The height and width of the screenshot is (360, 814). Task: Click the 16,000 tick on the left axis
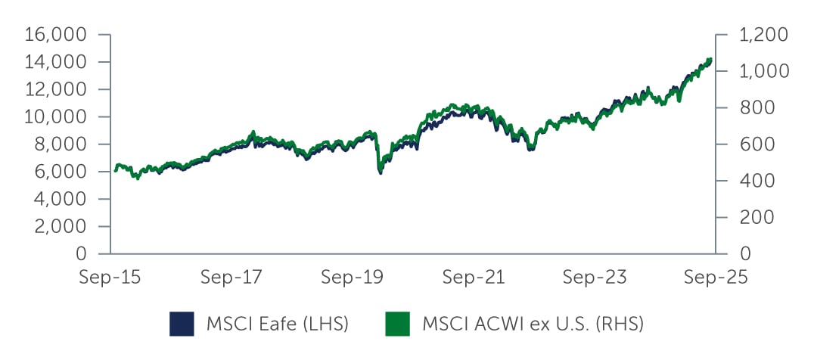tap(57, 35)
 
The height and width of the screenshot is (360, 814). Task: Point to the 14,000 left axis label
tap(57, 62)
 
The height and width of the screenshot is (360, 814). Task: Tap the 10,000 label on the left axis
tap(57, 116)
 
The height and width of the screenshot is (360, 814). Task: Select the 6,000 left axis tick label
tap(61, 172)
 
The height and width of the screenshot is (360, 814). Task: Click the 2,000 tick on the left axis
tap(61, 226)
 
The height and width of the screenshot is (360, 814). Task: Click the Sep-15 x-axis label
tap(110, 278)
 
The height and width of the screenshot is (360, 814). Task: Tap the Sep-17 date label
tap(231, 278)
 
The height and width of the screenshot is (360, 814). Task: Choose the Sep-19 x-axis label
tap(352, 278)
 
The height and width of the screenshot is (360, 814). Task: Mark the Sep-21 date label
tap(473, 278)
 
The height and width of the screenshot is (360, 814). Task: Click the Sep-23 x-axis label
tap(594, 278)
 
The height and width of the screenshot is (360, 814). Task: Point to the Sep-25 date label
tap(715, 278)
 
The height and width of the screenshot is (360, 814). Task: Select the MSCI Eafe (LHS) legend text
tap(278, 324)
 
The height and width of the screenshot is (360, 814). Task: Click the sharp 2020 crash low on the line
tap(380, 173)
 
